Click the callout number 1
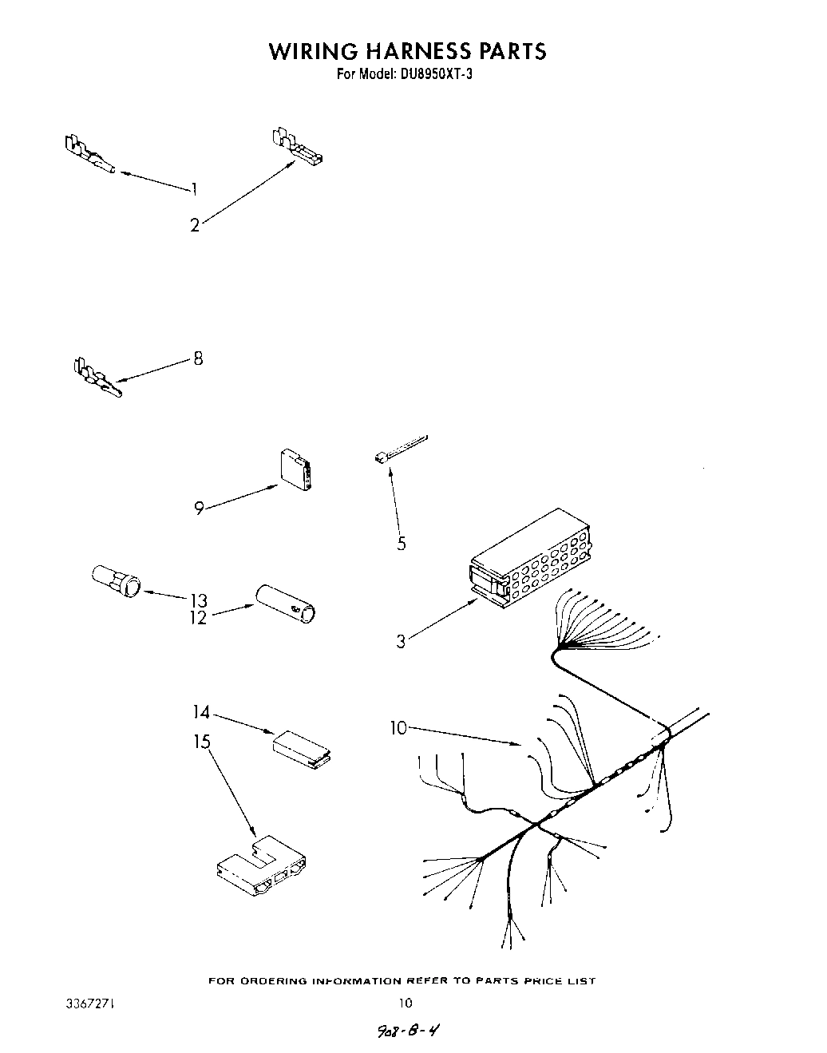point(194,189)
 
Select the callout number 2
point(194,225)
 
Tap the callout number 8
point(198,358)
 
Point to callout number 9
point(199,508)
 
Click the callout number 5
point(401,544)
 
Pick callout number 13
point(198,600)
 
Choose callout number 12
point(198,618)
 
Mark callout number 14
point(201,711)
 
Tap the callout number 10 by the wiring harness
point(398,727)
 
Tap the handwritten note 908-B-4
point(409,1031)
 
